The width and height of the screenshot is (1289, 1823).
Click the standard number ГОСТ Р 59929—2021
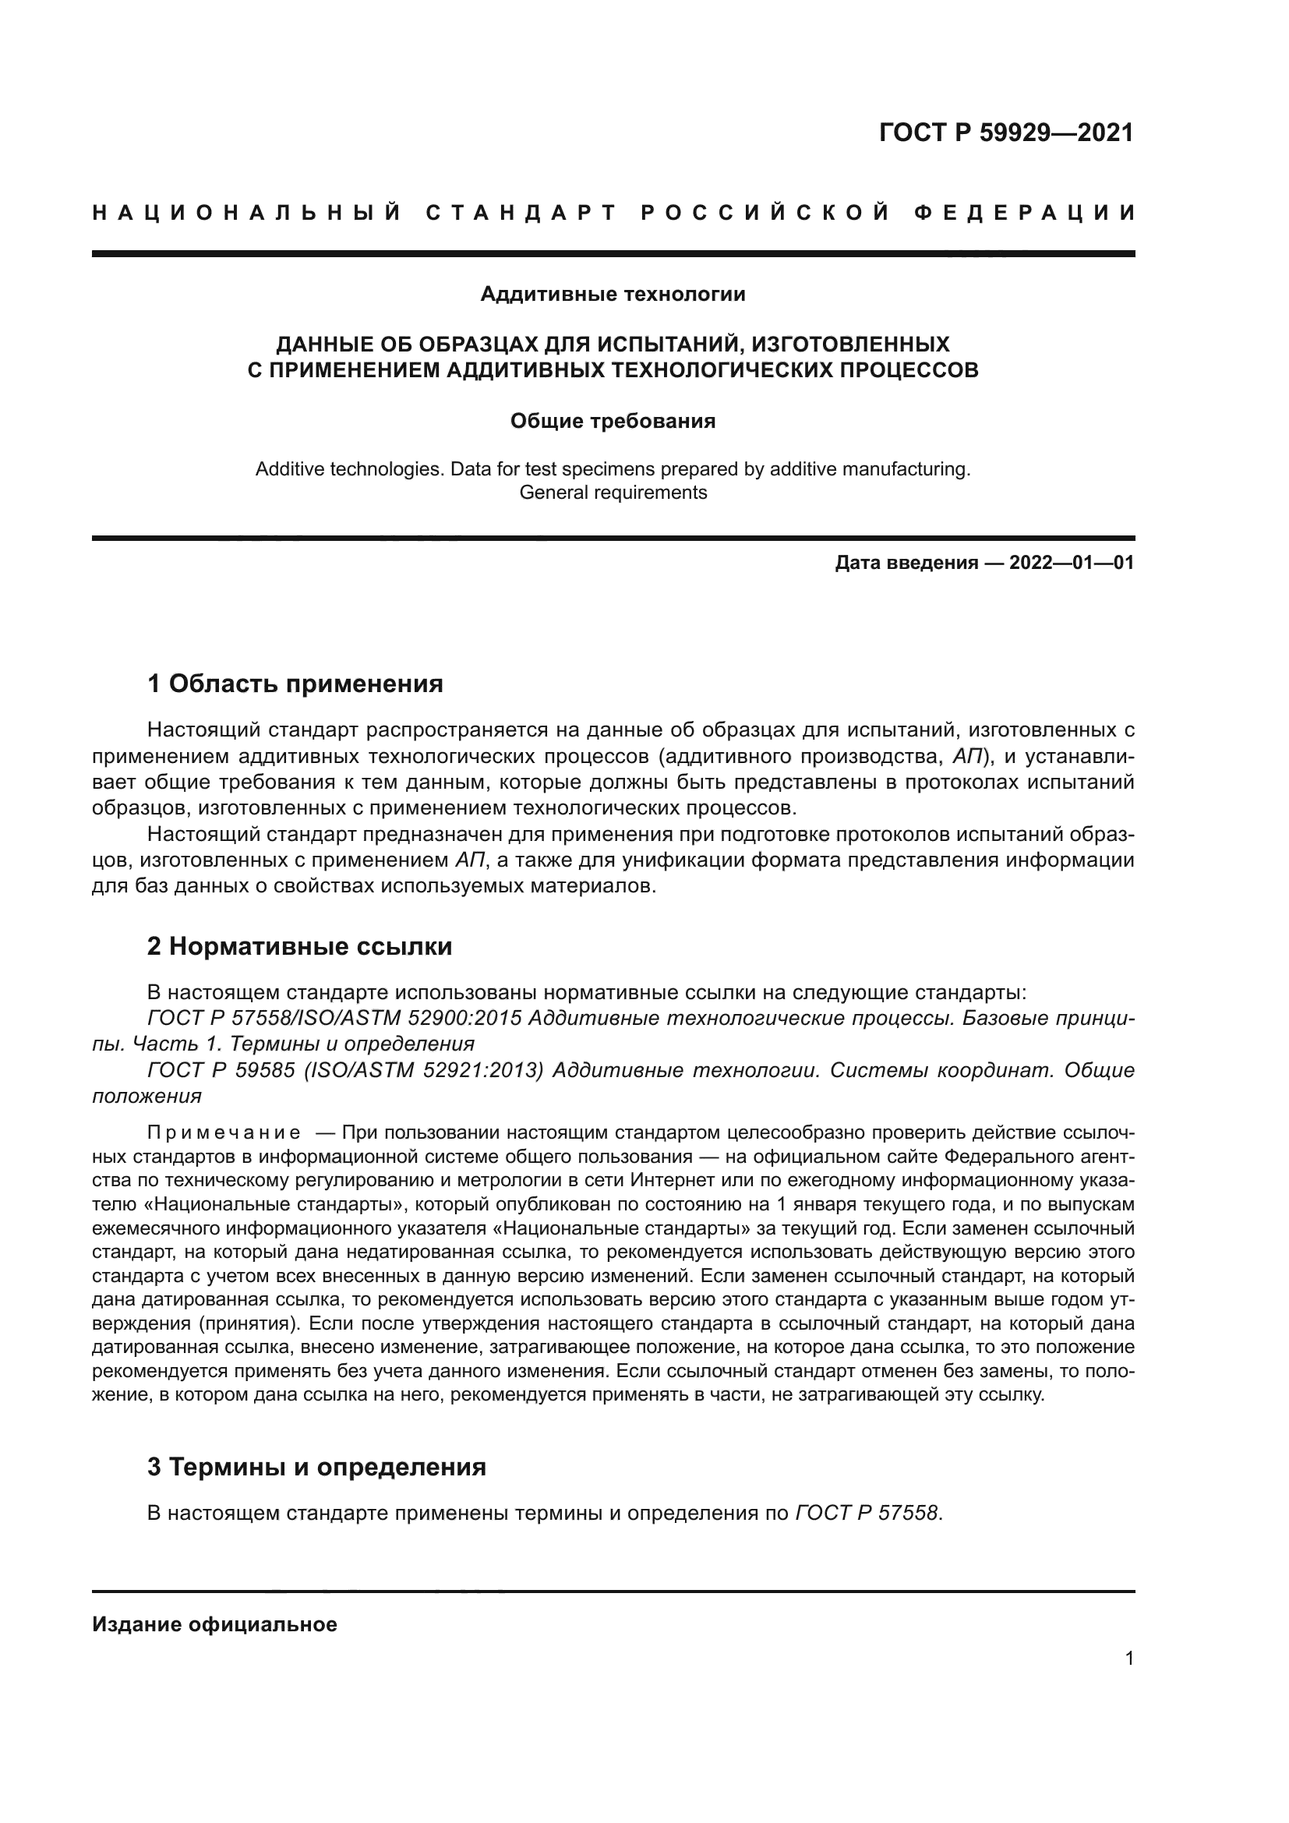1005,132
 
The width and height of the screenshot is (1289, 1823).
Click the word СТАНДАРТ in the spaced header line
521,213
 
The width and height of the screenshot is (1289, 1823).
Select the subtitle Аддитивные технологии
613,295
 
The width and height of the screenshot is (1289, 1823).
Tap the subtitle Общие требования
613,421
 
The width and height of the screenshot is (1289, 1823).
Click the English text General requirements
613,493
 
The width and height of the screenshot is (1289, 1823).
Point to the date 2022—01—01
1071,564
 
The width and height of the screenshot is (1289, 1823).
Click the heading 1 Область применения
295,684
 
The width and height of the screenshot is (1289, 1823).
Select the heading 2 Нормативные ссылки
300,946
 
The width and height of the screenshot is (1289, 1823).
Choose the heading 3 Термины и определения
316,1468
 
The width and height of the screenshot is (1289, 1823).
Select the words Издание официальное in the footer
214,1624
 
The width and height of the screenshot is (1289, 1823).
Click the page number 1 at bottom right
1128,1659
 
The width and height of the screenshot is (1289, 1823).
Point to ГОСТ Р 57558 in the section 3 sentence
867,1514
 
